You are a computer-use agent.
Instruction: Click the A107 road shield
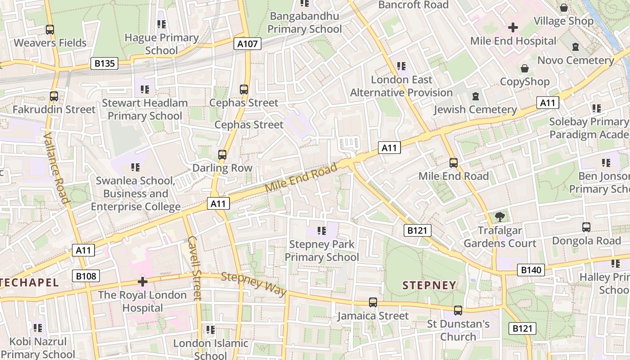pos(247,44)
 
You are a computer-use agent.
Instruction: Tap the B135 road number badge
pos(104,63)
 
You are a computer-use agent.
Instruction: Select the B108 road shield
pos(85,275)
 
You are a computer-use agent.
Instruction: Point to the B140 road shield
pos(531,270)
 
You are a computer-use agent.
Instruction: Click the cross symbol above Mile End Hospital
pos(513,27)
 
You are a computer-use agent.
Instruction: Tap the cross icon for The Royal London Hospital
pos(143,282)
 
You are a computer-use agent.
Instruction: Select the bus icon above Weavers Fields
pos(50,30)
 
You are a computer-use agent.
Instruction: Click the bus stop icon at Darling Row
pos(222,155)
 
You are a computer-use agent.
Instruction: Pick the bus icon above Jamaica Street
pos(373,302)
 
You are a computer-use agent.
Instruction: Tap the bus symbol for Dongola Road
pos(586,227)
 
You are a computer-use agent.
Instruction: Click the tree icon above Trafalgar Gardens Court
pos(499,217)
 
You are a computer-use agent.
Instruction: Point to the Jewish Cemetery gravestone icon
pos(476,96)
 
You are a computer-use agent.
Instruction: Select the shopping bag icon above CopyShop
pos(525,68)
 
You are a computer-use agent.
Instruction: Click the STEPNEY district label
pos(429,285)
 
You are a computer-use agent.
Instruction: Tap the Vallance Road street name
pos(57,167)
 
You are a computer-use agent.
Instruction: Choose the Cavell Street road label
pos(194,268)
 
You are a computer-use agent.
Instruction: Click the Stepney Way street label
pos(254,284)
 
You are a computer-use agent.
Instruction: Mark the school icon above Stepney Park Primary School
pos(321,231)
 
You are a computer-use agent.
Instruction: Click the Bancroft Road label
pos(413,5)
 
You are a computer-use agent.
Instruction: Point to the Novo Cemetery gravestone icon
pos(576,47)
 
